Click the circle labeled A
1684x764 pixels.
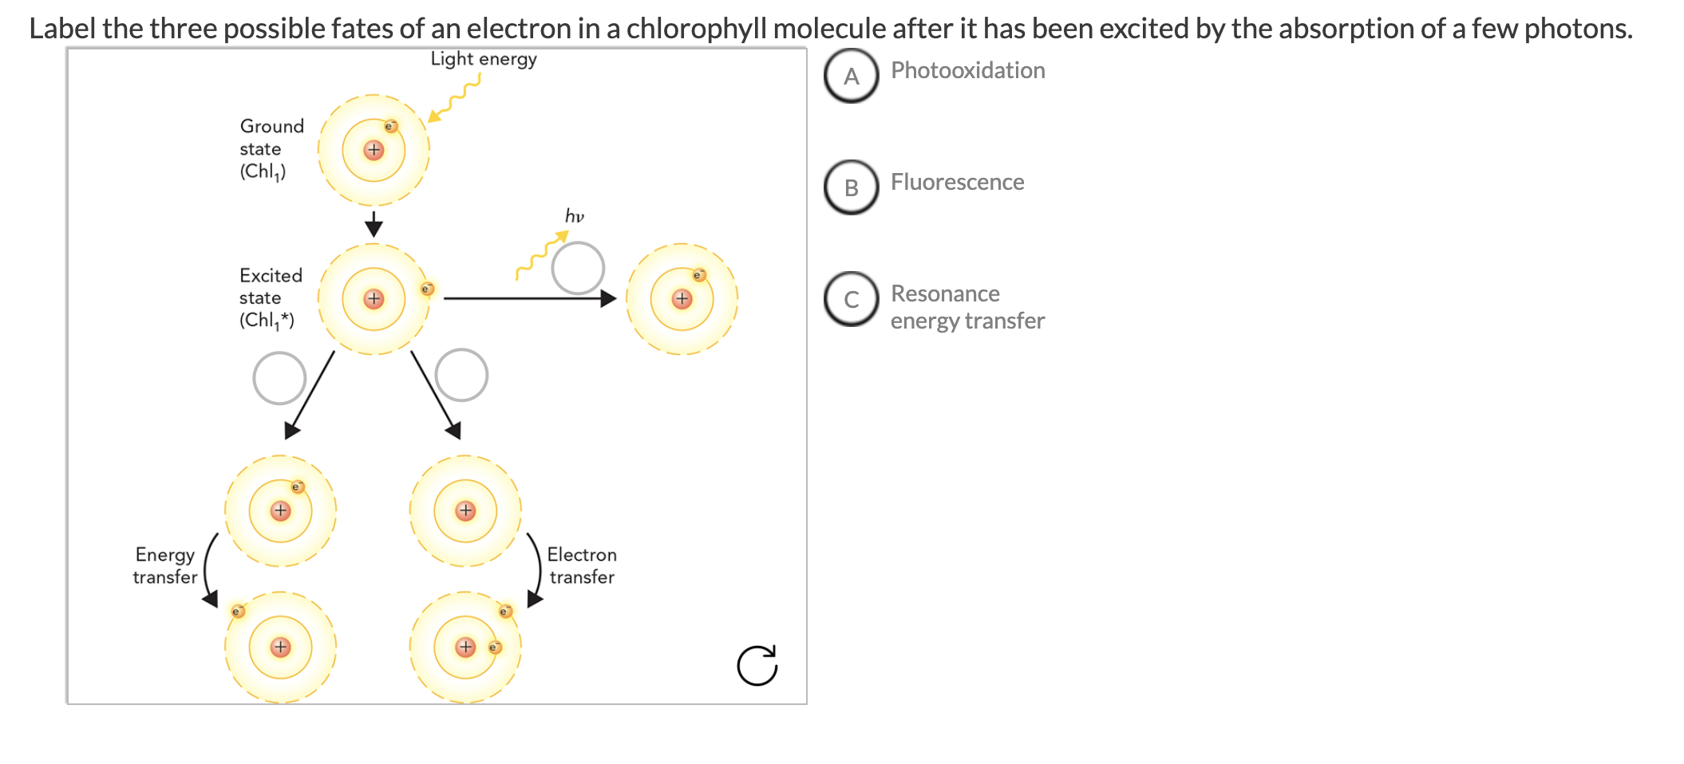(x=852, y=76)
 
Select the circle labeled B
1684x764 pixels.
(x=852, y=187)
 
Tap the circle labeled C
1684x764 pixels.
(x=852, y=299)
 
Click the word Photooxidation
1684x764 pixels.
(x=967, y=70)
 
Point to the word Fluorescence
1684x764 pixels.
(x=957, y=182)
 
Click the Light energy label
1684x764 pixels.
(x=484, y=59)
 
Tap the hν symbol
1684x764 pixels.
(x=575, y=216)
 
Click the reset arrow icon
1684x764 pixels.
(x=757, y=666)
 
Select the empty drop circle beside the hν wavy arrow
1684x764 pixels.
(x=578, y=268)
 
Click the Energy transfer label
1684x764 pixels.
(x=165, y=565)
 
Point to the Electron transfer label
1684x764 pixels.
(x=582, y=565)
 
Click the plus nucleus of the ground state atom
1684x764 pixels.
(x=374, y=150)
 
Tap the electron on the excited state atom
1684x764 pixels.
(x=428, y=289)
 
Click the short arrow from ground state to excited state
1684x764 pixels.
(x=374, y=223)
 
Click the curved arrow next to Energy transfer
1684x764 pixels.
(x=208, y=569)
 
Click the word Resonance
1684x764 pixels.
(x=945, y=293)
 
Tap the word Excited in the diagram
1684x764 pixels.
(x=271, y=276)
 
